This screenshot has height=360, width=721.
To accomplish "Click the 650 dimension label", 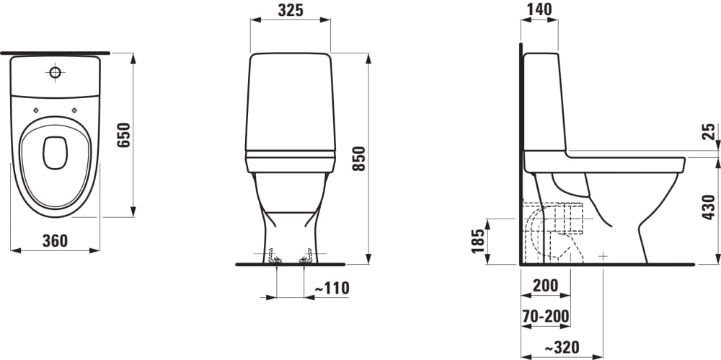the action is click(x=124, y=135).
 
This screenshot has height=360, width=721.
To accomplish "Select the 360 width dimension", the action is click(x=55, y=240).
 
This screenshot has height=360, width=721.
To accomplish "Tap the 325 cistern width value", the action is click(x=291, y=10).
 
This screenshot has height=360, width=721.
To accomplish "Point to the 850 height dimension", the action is click(x=358, y=159).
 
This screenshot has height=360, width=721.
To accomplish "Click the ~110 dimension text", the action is click(x=332, y=288).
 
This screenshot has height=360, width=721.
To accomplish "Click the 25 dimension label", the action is click(x=709, y=131).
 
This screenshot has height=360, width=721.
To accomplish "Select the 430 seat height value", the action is click(x=709, y=207).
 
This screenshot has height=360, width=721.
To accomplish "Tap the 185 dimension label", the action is click(x=478, y=241).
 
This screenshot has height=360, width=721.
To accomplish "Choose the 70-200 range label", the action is click(x=546, y=316).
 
